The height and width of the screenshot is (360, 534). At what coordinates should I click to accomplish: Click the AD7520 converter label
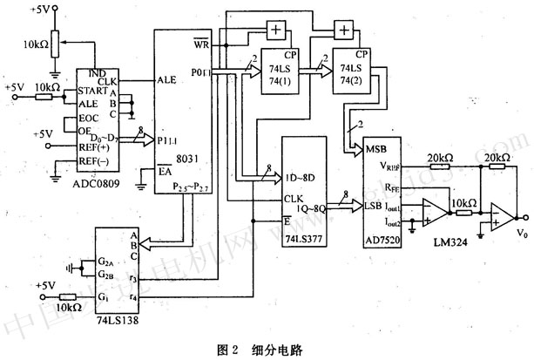(x=385, y=235)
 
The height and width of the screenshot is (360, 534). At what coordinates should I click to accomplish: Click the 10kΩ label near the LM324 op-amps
(x=462, y=203)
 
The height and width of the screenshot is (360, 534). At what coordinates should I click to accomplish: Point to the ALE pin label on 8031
(x=168, y=79)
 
